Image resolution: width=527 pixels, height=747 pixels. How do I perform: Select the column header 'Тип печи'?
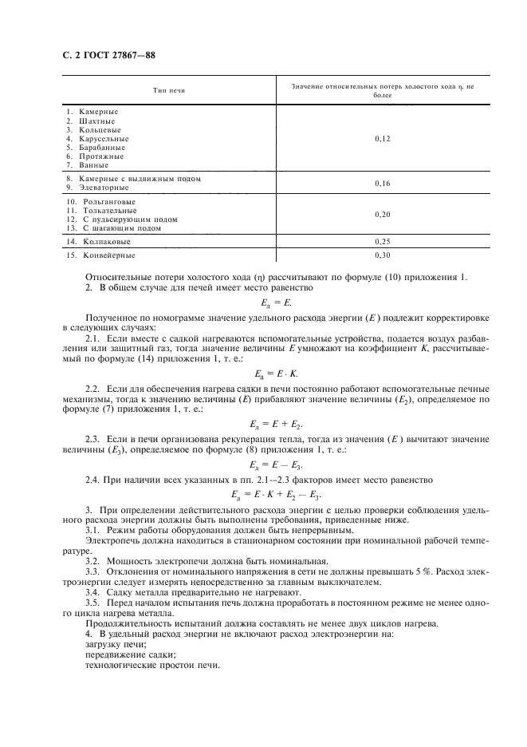tap(169, 91)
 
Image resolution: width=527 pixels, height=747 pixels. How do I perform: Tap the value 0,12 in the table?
tap(383, 139)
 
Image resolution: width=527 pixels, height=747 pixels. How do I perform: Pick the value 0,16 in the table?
tap(383, 183)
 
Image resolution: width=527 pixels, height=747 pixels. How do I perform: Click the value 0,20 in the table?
tap(383, 215)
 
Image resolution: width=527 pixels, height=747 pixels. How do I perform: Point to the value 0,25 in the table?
tap(383, 240)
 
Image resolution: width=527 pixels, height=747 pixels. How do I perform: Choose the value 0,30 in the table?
tap(383, 255)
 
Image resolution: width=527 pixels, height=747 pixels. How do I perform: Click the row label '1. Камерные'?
tap(92, 111)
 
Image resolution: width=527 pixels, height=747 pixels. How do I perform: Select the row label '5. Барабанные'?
tap(96, 147)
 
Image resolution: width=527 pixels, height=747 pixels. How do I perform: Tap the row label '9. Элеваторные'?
tap(97, 187)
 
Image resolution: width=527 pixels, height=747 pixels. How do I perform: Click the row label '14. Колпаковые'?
tap(99, 240)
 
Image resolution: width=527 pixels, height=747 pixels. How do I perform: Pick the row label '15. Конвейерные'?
tap(100, 255)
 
